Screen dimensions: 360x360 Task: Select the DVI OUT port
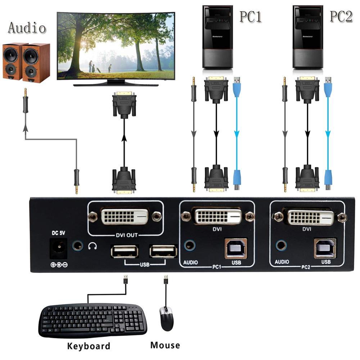point(125,217)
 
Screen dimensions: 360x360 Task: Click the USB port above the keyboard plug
point(125,251)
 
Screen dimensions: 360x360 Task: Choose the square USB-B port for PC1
point(236,248)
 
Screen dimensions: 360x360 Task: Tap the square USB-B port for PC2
point(325,248)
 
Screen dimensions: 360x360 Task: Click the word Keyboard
point(89,346)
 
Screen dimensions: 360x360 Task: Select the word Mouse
point(165,345)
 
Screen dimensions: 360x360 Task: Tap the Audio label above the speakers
point(27,28)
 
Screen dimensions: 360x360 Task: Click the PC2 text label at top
point(341,16)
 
